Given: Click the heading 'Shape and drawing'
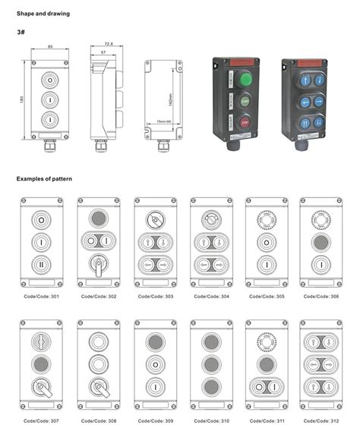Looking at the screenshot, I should (x=43, y=14).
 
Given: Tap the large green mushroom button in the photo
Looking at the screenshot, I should (x=245, y=79).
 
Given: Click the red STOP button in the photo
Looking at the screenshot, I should (x=245, y=121).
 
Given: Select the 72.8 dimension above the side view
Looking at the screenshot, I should (x=108, y=45).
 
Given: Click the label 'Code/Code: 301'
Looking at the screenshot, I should (x=42, y=296).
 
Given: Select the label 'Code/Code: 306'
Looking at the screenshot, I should (x=317, y=296).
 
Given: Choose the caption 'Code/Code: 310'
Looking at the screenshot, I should (x=207, y=419).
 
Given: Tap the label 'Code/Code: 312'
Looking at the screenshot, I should (x=317, y=419).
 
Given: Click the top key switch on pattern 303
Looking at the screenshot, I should (x=153, y=220).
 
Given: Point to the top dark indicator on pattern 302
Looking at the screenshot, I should (x=97, y=219).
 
